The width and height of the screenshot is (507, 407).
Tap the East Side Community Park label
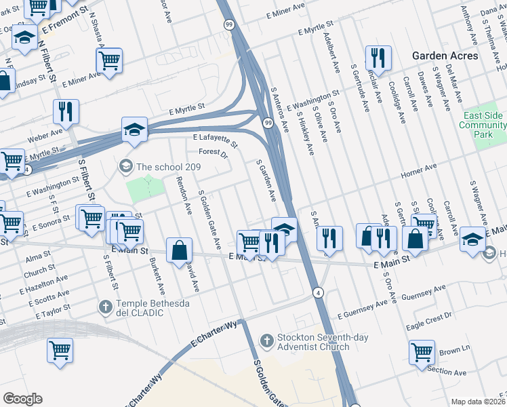pyautogui.click(x=483, y=125)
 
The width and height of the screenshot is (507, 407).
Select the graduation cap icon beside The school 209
pyautogui.click(x=125, y=166)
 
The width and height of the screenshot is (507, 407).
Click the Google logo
pyautogui.click(x=22, y=399)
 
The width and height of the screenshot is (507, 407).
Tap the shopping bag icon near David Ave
pyautogui.click(x=178, y=249)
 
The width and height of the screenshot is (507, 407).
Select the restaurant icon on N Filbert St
pyautogui.click(x=66, y=109)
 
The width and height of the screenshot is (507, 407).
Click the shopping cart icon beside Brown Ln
pyautogui.click(x=422, y=352)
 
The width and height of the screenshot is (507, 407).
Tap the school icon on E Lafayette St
pyautogui.click(x=134, y=128)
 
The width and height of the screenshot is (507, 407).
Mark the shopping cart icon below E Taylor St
pyautogui.click(x=60, y=351)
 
